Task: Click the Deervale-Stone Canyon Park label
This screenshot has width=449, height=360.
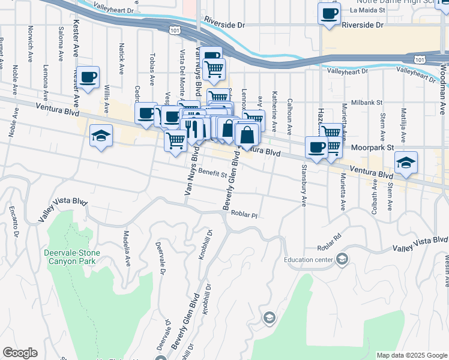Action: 71,257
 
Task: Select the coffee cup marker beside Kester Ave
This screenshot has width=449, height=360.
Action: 88,77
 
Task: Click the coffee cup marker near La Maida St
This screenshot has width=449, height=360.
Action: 329,14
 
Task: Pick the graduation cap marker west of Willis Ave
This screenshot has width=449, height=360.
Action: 101,137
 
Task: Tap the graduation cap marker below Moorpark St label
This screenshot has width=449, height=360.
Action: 406,163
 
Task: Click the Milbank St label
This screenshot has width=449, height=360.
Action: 366,103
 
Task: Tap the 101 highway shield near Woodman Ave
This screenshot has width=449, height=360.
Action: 421,59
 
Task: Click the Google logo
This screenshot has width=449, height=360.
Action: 20,353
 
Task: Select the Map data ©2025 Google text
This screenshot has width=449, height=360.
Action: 411,355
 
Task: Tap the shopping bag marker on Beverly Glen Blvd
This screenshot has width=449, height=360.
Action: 247,135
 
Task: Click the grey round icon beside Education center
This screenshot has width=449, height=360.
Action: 342,259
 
